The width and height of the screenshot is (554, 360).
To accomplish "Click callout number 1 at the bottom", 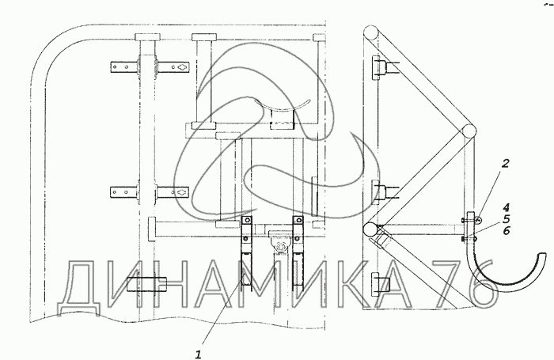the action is click(199, 354).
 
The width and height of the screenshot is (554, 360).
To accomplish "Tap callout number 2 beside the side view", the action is click(506, 164).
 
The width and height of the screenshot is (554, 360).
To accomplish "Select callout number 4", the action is click(507, 207).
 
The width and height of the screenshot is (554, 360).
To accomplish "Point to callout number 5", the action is click(507, 219).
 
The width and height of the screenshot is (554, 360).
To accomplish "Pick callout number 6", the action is click(507, 231).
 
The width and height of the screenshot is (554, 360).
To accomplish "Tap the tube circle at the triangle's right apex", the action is click(469, 131).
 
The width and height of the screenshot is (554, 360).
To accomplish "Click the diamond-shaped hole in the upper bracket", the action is click(182, 66).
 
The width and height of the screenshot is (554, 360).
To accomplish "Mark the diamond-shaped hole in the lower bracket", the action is click(182, 192).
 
